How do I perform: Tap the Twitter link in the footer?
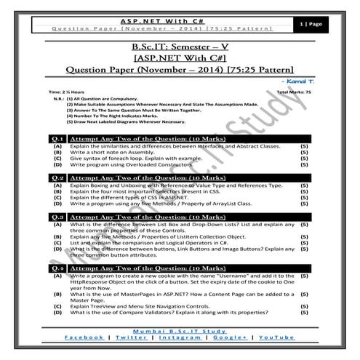click(131, 338)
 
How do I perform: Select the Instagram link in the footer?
click(180, 338)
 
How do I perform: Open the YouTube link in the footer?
click(277, 338)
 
